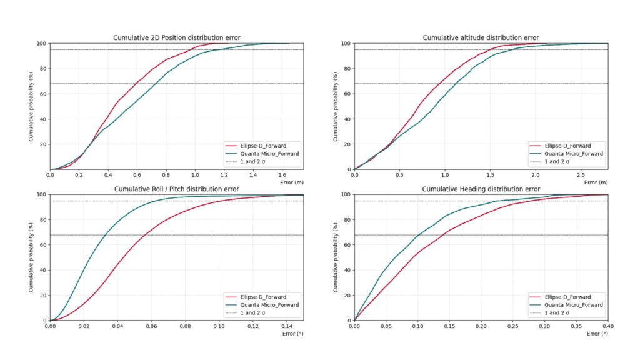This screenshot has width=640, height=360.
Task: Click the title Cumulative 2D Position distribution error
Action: (177, 38)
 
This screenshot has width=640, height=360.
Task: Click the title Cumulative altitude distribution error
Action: (481, 38)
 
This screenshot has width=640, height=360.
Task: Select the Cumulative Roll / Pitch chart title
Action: (177, 189)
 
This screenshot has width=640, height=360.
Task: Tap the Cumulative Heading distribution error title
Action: (481, 189)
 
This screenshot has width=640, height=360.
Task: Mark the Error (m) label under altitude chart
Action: (596, 182)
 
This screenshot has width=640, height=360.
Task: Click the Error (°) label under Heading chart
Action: (597, 334)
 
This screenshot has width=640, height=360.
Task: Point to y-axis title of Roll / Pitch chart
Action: (31, 257)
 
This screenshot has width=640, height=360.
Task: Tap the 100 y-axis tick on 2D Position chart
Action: (41, 44)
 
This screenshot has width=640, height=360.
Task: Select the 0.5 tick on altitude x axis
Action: (400, 176)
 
